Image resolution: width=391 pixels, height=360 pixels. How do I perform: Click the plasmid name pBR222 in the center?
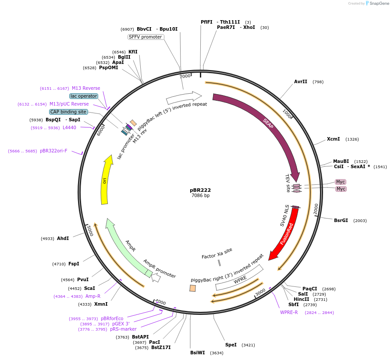(200, 190)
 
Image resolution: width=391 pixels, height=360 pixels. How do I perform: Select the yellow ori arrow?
(105, 180)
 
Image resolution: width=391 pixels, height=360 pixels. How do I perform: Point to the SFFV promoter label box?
(146, 37)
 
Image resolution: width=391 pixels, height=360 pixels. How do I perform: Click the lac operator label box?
(84, 96)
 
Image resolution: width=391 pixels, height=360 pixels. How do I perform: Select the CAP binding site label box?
(68, 112)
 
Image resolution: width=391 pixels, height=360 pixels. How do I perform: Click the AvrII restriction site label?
(300, 81)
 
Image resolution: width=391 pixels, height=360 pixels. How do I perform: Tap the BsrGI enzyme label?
(341, 220)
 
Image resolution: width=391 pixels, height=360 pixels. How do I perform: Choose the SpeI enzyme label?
(231, 345)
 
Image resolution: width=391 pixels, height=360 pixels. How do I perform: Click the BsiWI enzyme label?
(198, 353)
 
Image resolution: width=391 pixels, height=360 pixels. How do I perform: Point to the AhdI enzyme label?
(63, 238)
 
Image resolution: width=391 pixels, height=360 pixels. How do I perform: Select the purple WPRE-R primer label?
(289, 312)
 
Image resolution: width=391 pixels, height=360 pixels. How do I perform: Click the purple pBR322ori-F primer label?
(53, 151)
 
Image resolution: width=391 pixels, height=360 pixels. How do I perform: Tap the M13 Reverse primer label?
(86, 88)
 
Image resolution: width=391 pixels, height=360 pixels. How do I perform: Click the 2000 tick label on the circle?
(316, 208)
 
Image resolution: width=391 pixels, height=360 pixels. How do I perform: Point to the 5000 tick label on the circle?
(89, 230)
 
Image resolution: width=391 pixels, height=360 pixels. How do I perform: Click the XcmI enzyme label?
(334, 139)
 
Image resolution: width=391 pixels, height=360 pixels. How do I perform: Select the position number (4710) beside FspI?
(59, 264)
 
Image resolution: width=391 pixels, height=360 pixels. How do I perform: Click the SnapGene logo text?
(379, 3)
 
